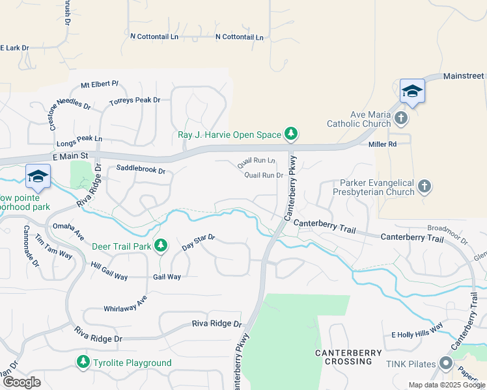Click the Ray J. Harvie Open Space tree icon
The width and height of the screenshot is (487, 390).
coord(291,135)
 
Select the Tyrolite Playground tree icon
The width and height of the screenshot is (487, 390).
coord(83,362)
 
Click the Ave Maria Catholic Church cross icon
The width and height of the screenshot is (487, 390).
coord(402,118)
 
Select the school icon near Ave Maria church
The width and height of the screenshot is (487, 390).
coord(412,91)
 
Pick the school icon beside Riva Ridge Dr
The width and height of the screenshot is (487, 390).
coord(38,176)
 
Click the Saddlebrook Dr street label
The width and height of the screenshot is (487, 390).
coord(141,170)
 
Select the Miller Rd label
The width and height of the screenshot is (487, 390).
coord(382,144)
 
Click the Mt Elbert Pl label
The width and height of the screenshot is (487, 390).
coord(100,84)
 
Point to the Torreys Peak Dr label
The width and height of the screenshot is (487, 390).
coord(135,101)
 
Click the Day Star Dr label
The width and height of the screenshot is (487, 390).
coord(198,240)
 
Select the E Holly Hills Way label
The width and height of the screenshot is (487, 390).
coord(417,334)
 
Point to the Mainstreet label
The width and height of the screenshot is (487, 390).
coord(464,76)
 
